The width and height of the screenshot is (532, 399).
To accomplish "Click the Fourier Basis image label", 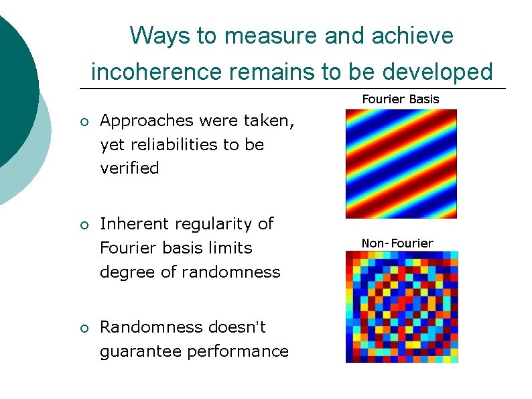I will pos(401,99).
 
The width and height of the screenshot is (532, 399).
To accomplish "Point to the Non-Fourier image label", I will pos(397,243).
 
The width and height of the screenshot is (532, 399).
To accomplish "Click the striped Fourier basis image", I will pos(401,164).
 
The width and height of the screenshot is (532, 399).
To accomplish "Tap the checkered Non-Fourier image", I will pos(401,306).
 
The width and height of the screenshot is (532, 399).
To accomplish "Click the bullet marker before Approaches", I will pos(83,122).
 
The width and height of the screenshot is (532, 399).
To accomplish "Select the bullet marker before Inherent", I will pos(83,225).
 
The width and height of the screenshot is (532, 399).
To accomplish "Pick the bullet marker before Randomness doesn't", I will pos(83,328).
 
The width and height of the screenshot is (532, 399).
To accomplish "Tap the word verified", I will pos(129,168).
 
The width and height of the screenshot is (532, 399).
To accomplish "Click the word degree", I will pos(123,272).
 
